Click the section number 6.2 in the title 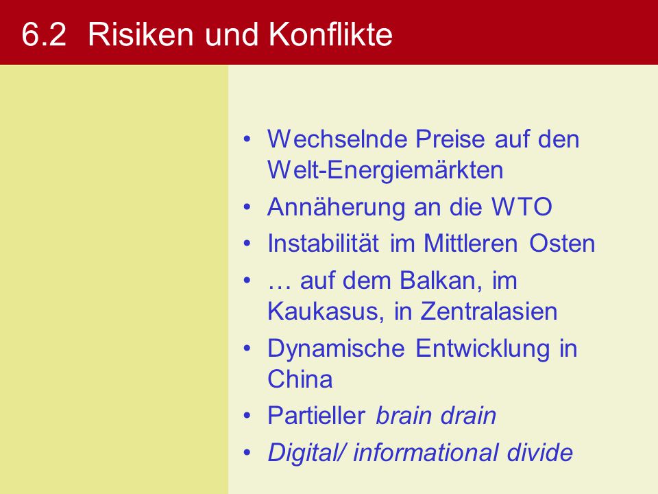[x=44, y=34]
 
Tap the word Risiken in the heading [x=141, y=34]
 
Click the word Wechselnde [x=337, y=139]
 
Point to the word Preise [x=450, y=139]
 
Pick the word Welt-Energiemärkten [x=385, y=169]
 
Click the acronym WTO [x=522, y=207]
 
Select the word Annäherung [x=336, y=207]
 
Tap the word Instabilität [x=323, y=243]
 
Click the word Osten [x=562, y=243]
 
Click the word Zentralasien [x=489, y=311]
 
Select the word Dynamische [x=336, y=349]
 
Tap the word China [x=300, y=379]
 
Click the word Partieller [x=317, y=416]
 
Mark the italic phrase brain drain [x=436, y=416]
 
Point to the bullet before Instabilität [x=247, y=244]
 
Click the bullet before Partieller [x=247, y=416]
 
